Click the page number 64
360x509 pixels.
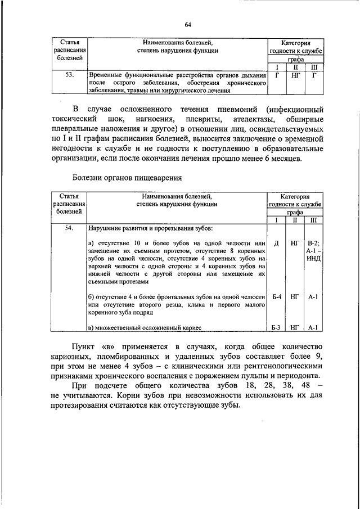pos(188,24)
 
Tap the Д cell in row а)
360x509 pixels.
pos(276,244)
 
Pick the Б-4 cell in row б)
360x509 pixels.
pos(276,296)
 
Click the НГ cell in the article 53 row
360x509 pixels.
pos(295,74)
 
